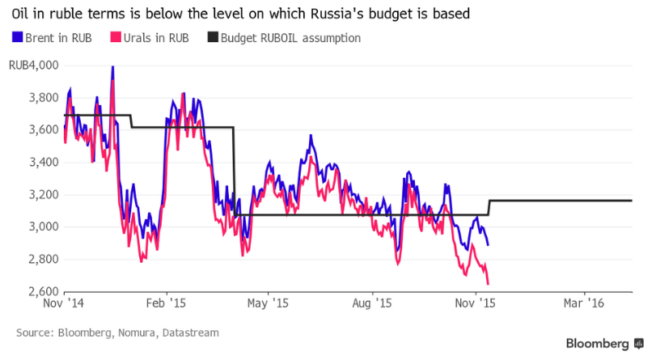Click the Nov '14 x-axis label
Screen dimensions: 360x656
65,304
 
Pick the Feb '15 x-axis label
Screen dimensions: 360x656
167,304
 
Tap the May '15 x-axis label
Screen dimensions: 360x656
269,304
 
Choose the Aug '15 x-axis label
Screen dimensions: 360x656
373,304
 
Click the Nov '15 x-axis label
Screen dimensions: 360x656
476,304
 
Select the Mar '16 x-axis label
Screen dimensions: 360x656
582,304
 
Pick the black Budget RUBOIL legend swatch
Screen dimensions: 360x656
214,37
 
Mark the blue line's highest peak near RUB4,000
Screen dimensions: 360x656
112,66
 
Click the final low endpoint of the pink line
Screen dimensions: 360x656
488,284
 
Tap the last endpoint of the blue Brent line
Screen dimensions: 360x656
488,244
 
